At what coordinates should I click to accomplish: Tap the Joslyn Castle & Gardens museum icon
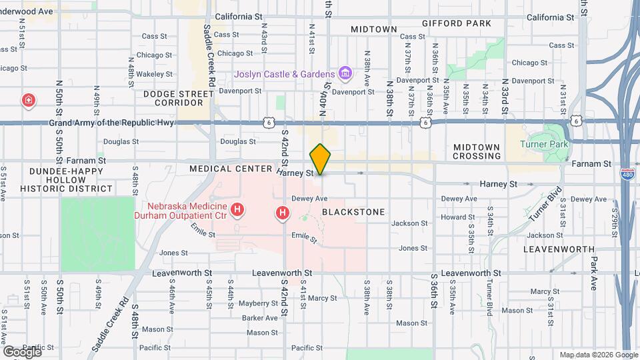click(x=345, y=73)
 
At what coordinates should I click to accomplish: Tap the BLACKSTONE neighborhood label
click(x=353, y=212)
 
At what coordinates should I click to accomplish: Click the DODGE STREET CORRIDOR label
click(x=173, y=98)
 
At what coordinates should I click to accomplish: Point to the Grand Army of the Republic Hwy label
click(x=111, y=123)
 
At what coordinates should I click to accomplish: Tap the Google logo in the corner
click(x=22, y=351)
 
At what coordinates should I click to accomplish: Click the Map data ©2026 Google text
click(x=598, y=355)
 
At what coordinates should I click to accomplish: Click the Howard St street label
click(x=457, y=217)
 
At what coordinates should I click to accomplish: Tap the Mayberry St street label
click(x=253, y=303)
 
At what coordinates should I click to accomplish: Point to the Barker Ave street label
click(x=259, y=318)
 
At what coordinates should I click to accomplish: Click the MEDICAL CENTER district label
click(x=231, y=169)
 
